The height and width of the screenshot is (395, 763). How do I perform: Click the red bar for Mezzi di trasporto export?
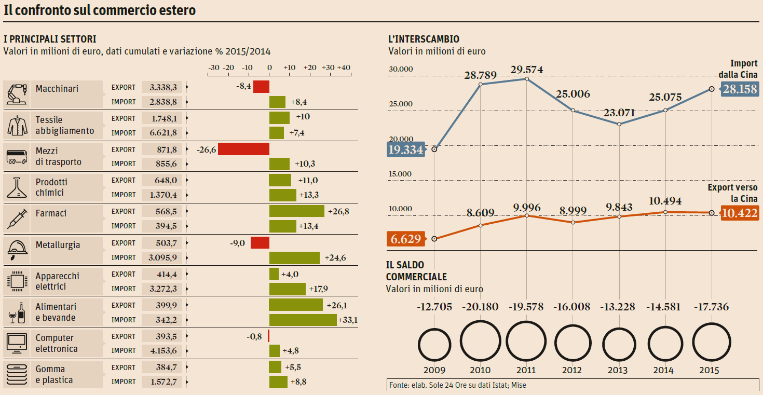tap(243, 149)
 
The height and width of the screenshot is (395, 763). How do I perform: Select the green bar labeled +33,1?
tap(303, 320)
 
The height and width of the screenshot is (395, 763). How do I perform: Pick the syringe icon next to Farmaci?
tap(17, 219)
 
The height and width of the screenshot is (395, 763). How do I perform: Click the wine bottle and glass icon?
tap(17, 312)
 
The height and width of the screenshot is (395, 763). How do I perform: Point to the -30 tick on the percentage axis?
tap(213, 68)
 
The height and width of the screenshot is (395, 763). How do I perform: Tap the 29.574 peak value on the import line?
tap(526, 70)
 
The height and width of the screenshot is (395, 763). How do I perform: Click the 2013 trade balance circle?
tap(618, 342)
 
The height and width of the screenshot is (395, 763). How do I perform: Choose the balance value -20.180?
tap(480, 307)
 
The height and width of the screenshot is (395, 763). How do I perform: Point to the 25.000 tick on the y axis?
tap(400, 104)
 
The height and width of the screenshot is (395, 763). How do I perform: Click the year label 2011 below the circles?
tap(526, 371)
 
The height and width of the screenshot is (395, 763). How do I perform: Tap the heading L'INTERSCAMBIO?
tap(424, 39)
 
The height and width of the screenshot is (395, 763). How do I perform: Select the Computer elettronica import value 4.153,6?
tap(163, 351)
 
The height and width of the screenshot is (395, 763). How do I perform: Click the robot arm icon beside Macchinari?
tap(17, 94)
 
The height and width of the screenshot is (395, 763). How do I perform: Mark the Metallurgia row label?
tap(58, 245)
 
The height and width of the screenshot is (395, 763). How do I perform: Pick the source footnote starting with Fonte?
tap(457, 385)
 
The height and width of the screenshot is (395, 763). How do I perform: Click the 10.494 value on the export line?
tap(665, 201)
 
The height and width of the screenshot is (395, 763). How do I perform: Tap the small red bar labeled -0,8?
tap(268, 336)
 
